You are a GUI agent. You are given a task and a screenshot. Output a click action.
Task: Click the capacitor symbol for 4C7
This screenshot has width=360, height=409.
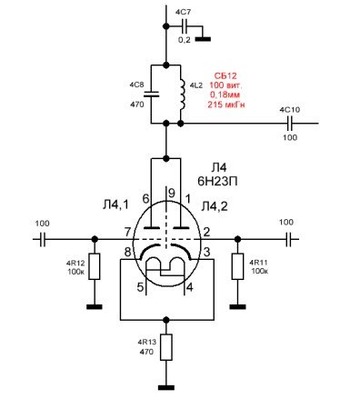(x=185, y=26)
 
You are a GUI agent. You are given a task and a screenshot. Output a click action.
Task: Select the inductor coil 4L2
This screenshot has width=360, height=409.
(x=183, y=95)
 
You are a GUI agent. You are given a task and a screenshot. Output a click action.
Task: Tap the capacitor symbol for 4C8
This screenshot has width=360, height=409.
(x=151, y=95)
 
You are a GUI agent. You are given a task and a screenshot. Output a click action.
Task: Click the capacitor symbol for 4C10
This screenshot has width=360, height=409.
(x=290, y=124)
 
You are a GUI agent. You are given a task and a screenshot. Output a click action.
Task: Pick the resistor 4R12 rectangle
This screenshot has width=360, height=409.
(x=95, y=266)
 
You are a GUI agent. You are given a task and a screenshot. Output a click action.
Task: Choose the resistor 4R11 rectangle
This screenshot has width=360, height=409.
(x=237, y=266)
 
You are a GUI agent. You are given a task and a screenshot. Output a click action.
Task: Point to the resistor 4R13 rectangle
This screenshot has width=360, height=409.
(x=166, y=347)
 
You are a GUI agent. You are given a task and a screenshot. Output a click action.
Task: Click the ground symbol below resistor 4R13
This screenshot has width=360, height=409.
(x=166, y=387)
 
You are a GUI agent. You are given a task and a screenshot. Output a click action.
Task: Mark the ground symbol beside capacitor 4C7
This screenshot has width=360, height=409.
(x=203, y=39)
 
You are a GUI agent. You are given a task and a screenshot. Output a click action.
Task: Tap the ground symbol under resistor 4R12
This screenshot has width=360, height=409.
(x=95, y=306)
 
